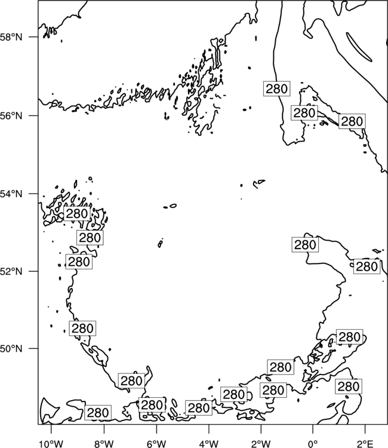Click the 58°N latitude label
click(x=11, y=37)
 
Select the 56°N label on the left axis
click(x=11, y=116)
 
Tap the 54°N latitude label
click(x=11, y=194)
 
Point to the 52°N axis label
click(x=11, y=271)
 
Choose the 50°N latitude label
click(x=11, y=349)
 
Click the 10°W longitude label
click(x=51, y=444)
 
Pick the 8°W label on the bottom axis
click(x=104, y=444)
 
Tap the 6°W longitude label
click(x=156, y=444)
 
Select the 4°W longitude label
click(x=208, y=444)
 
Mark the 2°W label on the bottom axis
click(x=261, y=444)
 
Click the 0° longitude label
click(x=313, y=444)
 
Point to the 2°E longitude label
click(x=365, y=444)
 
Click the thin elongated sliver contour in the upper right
click(x=359, y=47)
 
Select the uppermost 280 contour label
click(x=276, y=88)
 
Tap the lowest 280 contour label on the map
click(x=98, y=413)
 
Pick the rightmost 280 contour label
click(x=367, y=266)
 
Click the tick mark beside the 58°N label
click(x=33, y=37)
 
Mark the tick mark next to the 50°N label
click(x=33, y=349)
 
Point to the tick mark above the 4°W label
click(x=208, y=429)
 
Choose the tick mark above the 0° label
click(x=313, y=429)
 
